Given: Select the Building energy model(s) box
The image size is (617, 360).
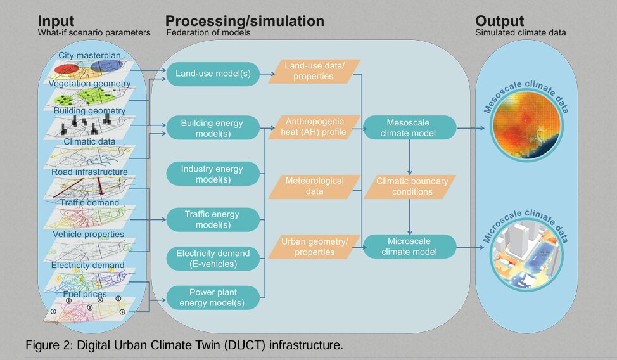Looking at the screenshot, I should (213, 128).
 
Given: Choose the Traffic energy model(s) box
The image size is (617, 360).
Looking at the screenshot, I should (213, 220).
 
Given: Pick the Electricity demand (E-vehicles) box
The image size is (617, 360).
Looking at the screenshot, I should (213, 259).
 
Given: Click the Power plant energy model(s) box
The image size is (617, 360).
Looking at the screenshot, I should (213, 298).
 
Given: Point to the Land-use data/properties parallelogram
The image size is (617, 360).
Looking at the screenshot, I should (314, 71).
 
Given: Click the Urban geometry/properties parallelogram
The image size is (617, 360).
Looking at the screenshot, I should (314, 247).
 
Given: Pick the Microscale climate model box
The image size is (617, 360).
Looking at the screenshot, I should (412, 247).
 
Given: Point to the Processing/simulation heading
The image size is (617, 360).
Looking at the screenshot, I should (245, 21).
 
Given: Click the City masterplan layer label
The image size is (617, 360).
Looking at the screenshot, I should (89, 56).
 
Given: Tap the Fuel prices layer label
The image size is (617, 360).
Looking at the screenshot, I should (85, 295).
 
